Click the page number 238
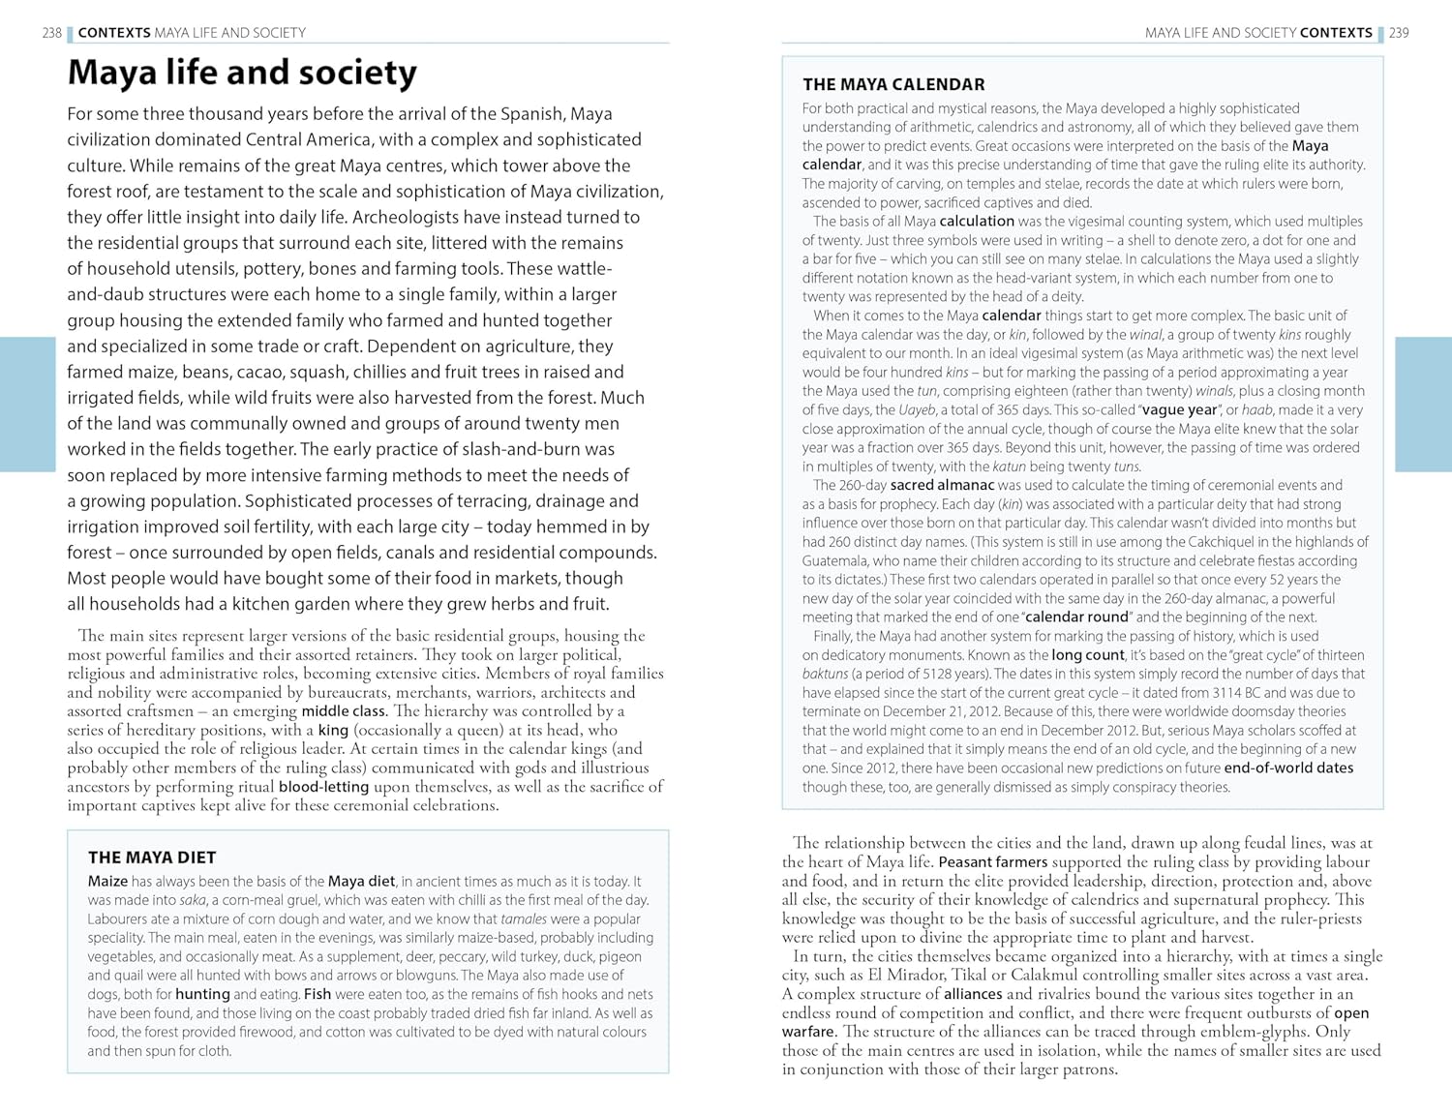click(x=51, y=33)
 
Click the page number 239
click(x=1399, y=33)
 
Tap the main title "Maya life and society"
click(x=242, y=73)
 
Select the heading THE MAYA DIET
click(x=152, y=858)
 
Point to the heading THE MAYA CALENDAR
click(x=893, y=85)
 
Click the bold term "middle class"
click(x=344, y=711)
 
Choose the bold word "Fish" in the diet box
click(x=318, y=994)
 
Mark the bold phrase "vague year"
click(x=1179, y=409)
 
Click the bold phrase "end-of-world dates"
click(x=1288, y=768)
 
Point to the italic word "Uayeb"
click(x=917, y=409)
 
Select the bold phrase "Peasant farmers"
click(x=993, y=862)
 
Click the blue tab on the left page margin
click(x=27, y=404)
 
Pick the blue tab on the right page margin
click(x=1424, y=404)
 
